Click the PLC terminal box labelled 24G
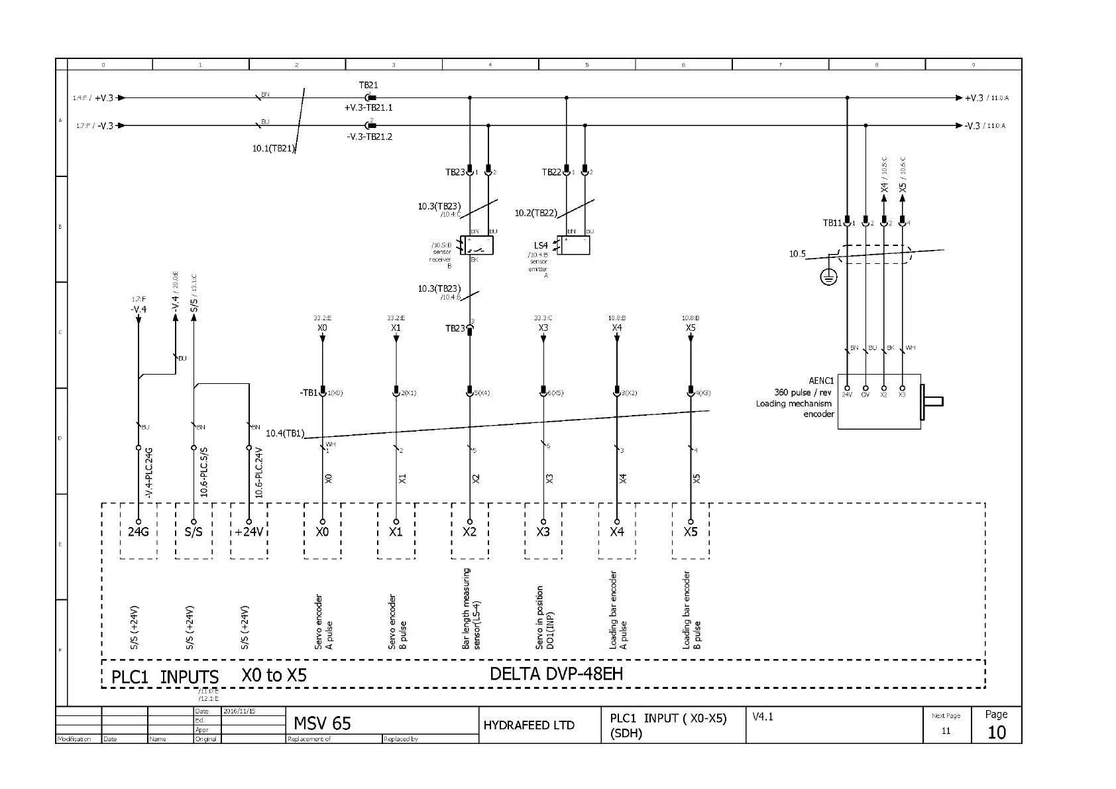pyautogui.click(x=139, y=531)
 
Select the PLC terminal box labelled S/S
pyautogui.click(x=194, y=531)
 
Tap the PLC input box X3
pyautogui.click(x=543, y=531)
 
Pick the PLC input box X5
pyautogui.click(x=691, y=531)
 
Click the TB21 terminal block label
pyautogui.click(x=368, y=86)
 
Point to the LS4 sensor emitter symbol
pyautogui.click(x=574, y=245)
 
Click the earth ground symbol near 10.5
pyautogui.click(x=828, y=277)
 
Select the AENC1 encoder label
pyautogui.click(x=821, y=381)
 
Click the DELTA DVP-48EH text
pyautogui.click(x=556, y=674)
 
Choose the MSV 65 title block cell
pyautogui.click(x=322, y=723)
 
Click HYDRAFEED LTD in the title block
pyautogui.click(x=528, y=725)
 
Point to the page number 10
pyautogui.click(x=996, y=732)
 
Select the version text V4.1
pyautogui.click(x=763, y=717)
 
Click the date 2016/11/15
pyautogui.click(x=239, y=711)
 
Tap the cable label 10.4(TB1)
pyautogui.click(x=285, y=434)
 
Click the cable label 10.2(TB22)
pyautogui.click(x=535, y=213)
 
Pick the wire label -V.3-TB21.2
pyautogui.click(x=370, y=137)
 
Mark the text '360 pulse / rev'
pyautogui.click(x=803, y=393)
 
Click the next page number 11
pyautogui.click(x=946, y=731)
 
